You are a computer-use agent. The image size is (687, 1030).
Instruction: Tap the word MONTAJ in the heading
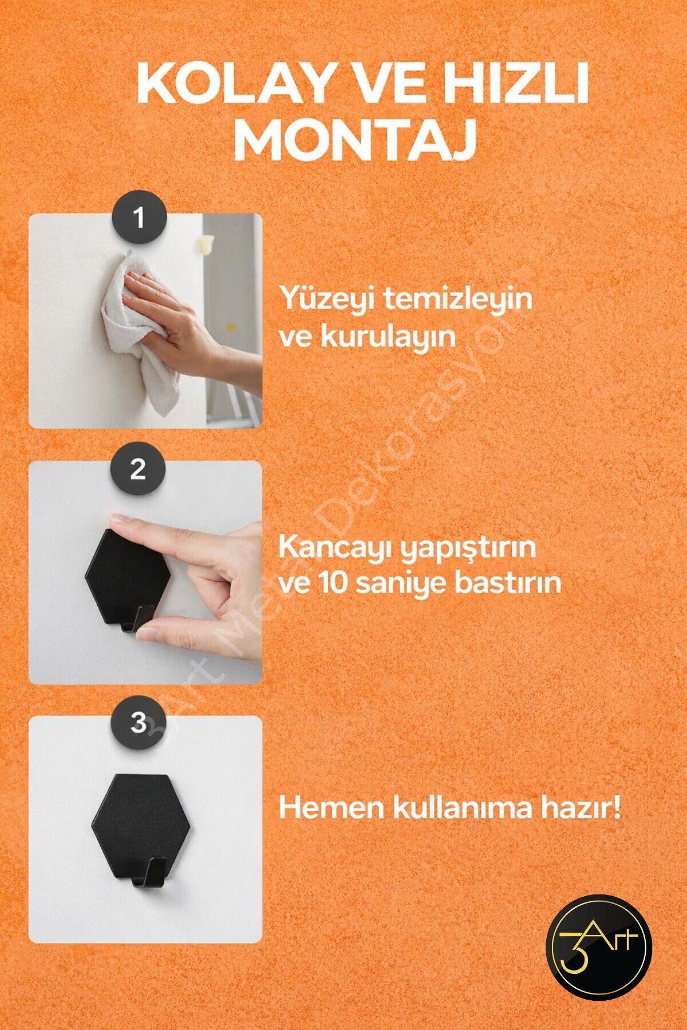[356, 140]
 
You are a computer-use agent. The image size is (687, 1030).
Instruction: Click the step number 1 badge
[139, 219]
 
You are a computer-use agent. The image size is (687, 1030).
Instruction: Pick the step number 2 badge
[138, 470]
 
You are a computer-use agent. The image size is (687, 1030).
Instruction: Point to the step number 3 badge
[139, 723]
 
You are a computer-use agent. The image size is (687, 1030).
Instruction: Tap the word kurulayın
[388, 336]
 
